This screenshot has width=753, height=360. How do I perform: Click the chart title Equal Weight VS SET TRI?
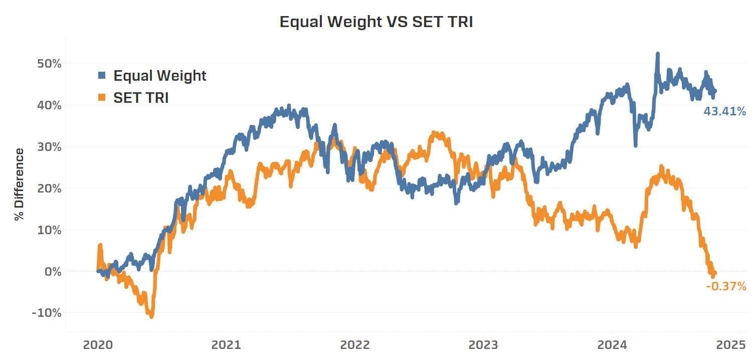pos(376,22)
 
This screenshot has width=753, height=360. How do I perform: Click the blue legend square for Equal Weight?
pos(102,76)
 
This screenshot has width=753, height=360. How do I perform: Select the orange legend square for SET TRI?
pos(102,98)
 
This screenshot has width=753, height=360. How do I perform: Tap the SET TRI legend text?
pos(141,98)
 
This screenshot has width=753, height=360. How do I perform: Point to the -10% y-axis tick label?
pos(46,313)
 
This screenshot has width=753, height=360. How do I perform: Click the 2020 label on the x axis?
pos(97,345)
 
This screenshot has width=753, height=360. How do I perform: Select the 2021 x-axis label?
pos(226,345)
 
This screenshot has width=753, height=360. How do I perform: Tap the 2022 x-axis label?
pos(355,345)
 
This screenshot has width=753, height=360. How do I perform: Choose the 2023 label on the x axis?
pos(483,345)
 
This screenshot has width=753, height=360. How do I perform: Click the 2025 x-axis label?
pos(730,345)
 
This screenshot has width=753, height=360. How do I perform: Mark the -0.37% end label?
pos(726,286)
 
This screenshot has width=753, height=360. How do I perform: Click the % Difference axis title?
pos(19,184)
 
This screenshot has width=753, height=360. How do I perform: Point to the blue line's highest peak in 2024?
pos(657,54)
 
